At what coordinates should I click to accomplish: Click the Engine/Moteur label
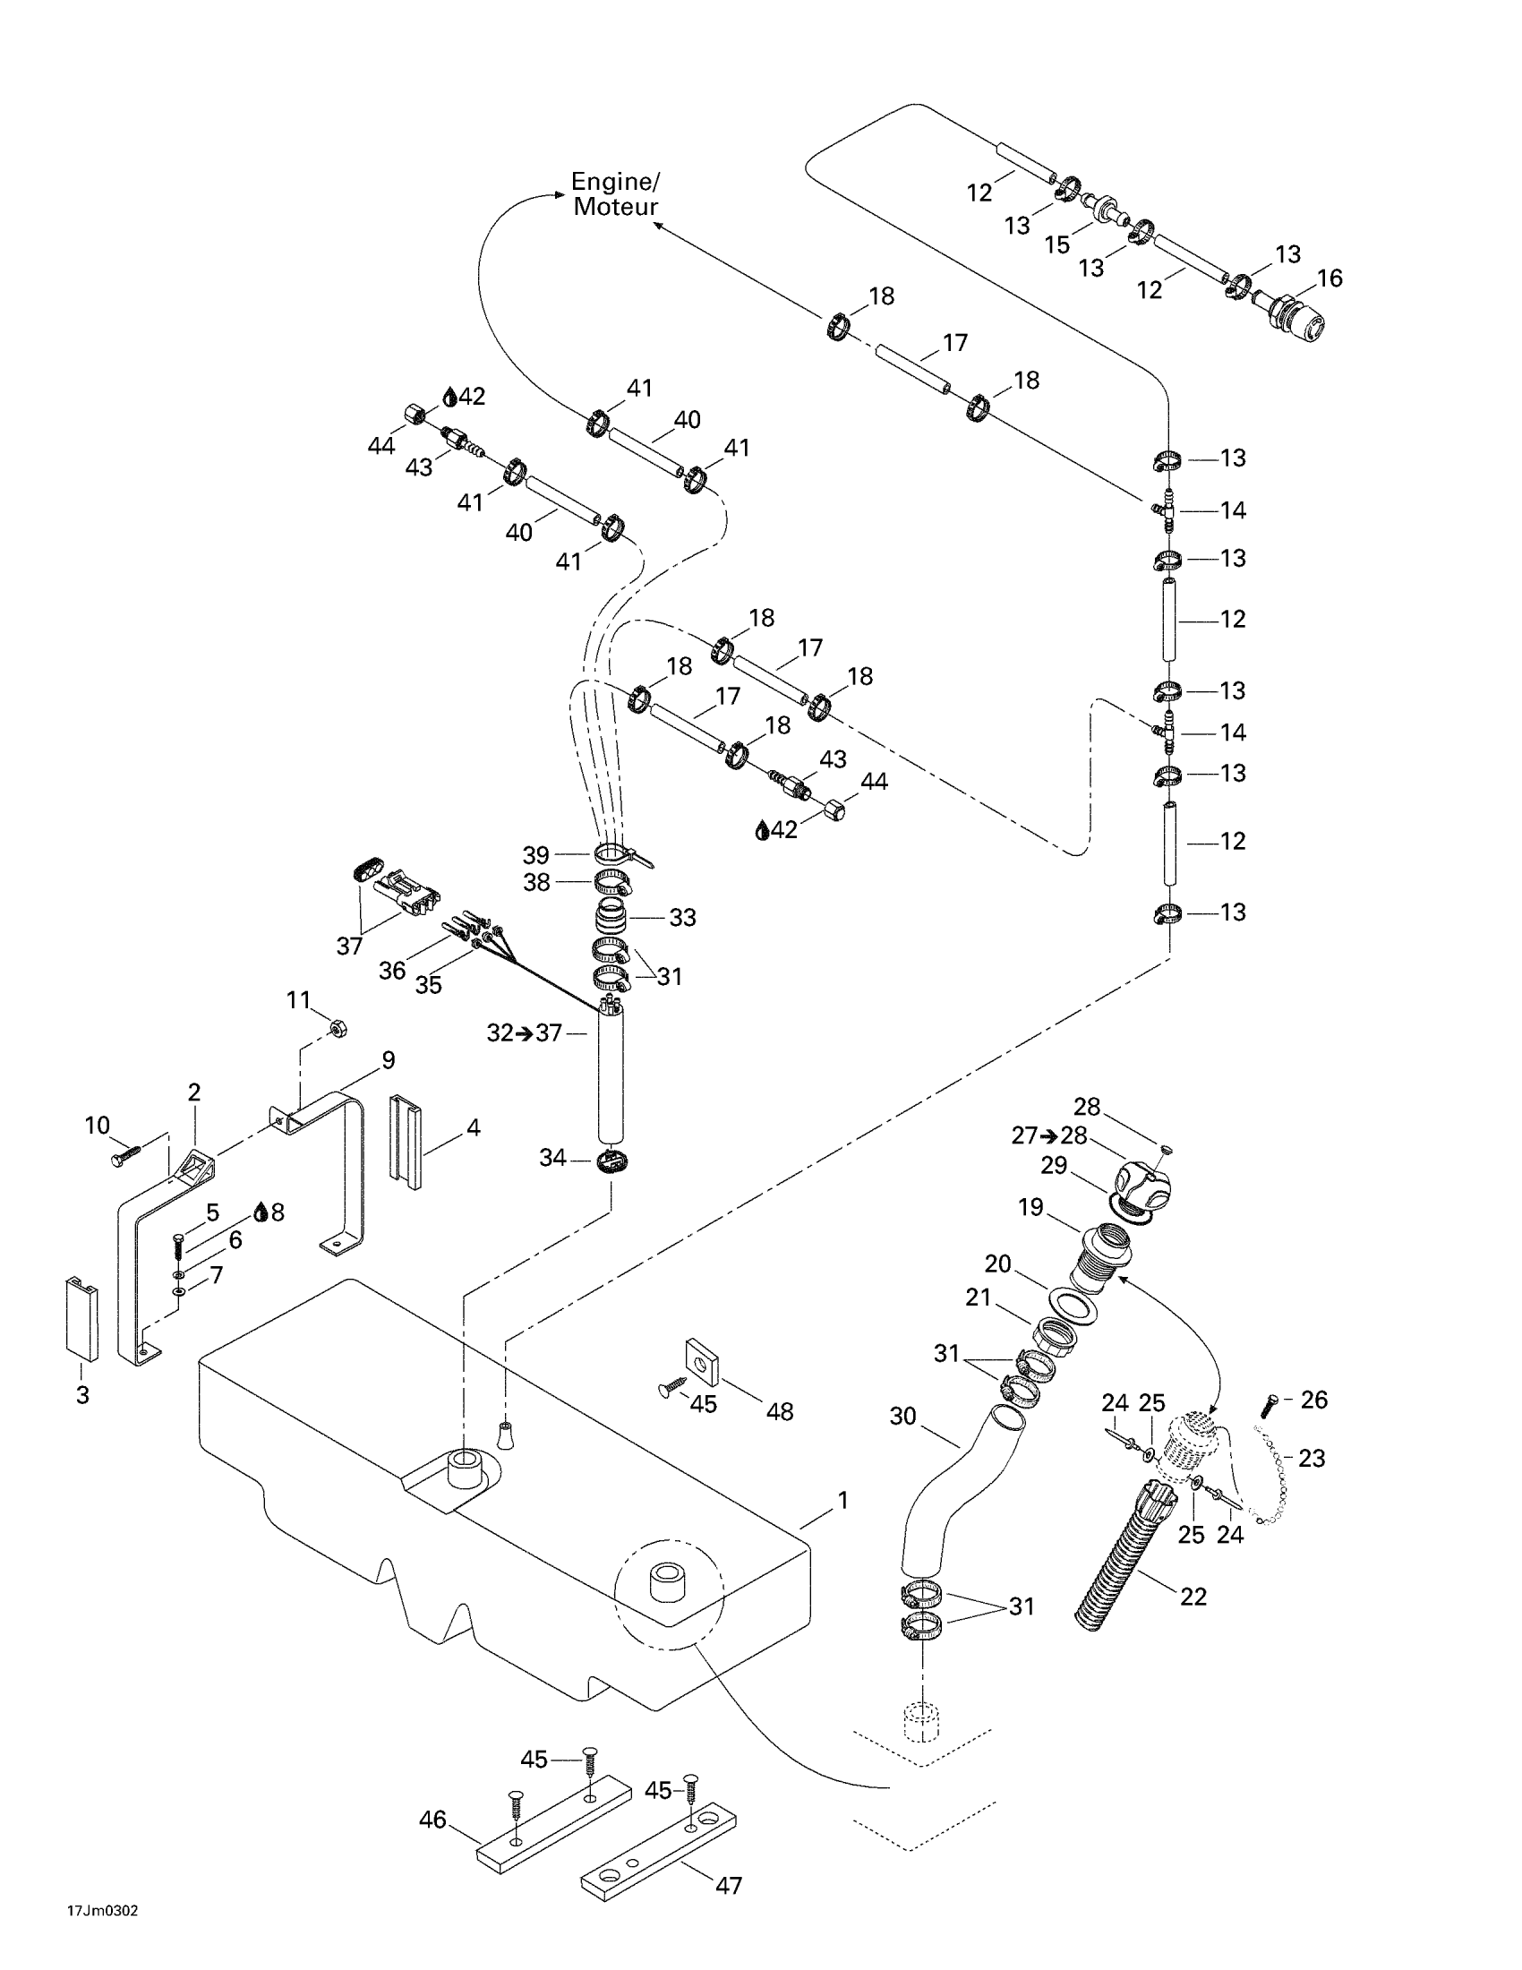616,194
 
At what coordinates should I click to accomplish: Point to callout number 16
1330,278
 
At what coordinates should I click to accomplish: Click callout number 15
1056,244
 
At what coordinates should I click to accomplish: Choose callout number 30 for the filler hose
902,1417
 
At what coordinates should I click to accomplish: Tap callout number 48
779,1411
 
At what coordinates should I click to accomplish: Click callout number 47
728,1885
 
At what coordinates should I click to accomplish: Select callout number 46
432,1820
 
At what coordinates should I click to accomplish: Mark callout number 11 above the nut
298,1000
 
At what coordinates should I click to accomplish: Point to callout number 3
83,1394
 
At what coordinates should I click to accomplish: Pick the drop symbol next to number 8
261,1212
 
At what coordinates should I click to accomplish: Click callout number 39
536,854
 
